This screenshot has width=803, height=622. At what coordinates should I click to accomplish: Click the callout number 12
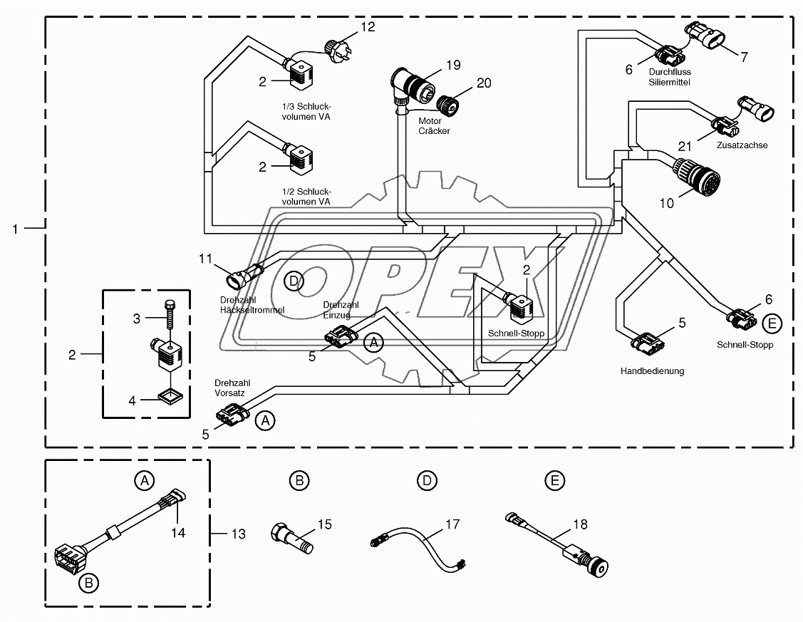(x=367, y=27)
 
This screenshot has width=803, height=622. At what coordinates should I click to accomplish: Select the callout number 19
(x=453, y=65)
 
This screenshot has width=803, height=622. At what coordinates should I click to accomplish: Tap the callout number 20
(x=484, y=83)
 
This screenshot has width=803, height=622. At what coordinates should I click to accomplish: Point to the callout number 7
(x=744, y=57)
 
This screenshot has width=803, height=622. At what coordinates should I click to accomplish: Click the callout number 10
(x=665, y=203)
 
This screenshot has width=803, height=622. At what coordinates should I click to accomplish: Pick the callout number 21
(x=685, y=147)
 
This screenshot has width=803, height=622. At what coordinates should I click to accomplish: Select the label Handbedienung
(x=652, y=371)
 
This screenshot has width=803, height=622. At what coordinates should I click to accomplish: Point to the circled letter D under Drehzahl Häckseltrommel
(x=294, y=281)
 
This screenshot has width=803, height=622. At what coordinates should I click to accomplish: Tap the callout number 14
(x=177, y=532)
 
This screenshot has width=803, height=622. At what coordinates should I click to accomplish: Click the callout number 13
(x=239, y=533)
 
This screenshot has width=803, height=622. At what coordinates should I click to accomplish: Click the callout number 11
(x=205, y=259)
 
